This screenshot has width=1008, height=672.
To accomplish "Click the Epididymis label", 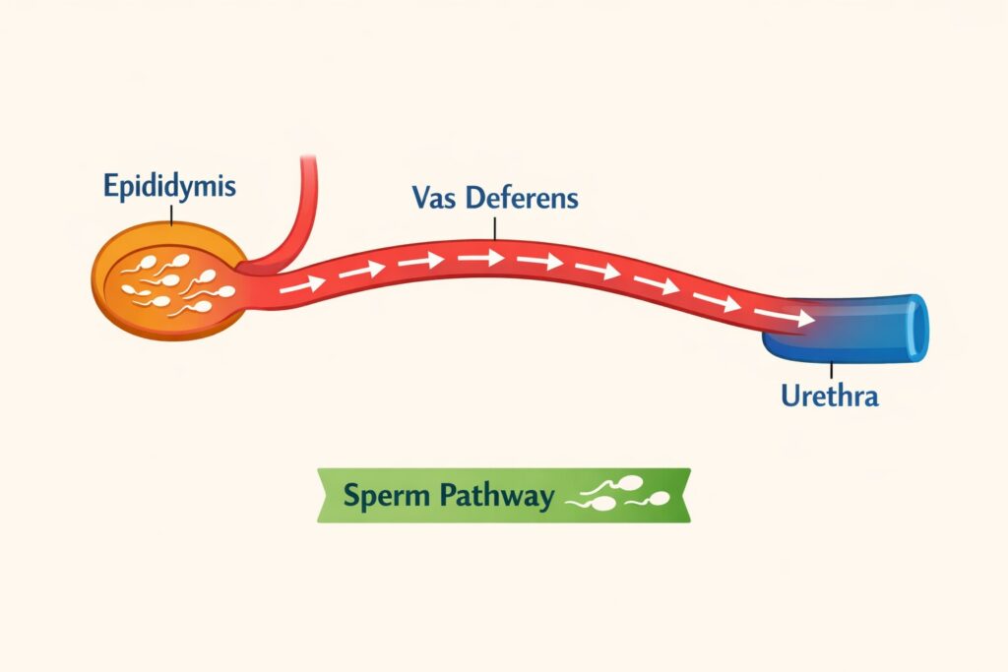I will pos(169,187).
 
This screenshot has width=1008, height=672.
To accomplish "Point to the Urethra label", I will pos(828,397).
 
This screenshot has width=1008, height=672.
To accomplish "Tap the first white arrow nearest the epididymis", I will pos(300,285).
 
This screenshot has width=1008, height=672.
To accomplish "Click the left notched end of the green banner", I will pos(326,495).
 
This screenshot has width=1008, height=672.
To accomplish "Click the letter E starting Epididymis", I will pos(110,186).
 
